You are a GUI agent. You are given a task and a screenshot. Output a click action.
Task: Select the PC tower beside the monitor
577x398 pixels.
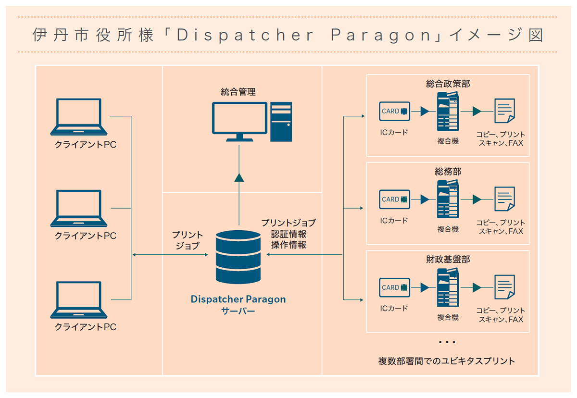[281, 121]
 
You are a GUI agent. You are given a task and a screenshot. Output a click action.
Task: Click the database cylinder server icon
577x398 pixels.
[238, 257]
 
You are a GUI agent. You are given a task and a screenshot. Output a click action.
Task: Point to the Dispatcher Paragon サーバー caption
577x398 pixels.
[238, 305]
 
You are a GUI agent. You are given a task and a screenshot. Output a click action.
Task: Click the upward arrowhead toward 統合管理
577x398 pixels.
[238, 177]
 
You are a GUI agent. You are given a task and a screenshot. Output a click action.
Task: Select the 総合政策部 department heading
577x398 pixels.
[448, 84]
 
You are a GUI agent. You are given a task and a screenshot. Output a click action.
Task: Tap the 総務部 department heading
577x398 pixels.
[448, 172]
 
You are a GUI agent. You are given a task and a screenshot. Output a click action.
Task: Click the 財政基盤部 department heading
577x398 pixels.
[448, 260]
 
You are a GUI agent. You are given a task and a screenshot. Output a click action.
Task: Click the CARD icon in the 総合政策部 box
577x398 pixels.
[394, 111]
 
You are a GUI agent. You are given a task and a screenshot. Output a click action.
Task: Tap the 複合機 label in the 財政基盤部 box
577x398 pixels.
[448, 317]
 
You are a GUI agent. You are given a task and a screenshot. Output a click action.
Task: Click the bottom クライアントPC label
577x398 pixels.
[86, 327]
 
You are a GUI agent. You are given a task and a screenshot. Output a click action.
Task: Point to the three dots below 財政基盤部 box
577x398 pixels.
[447, 342]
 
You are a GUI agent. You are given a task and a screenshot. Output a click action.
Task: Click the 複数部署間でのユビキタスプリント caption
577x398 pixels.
[447, 361]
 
